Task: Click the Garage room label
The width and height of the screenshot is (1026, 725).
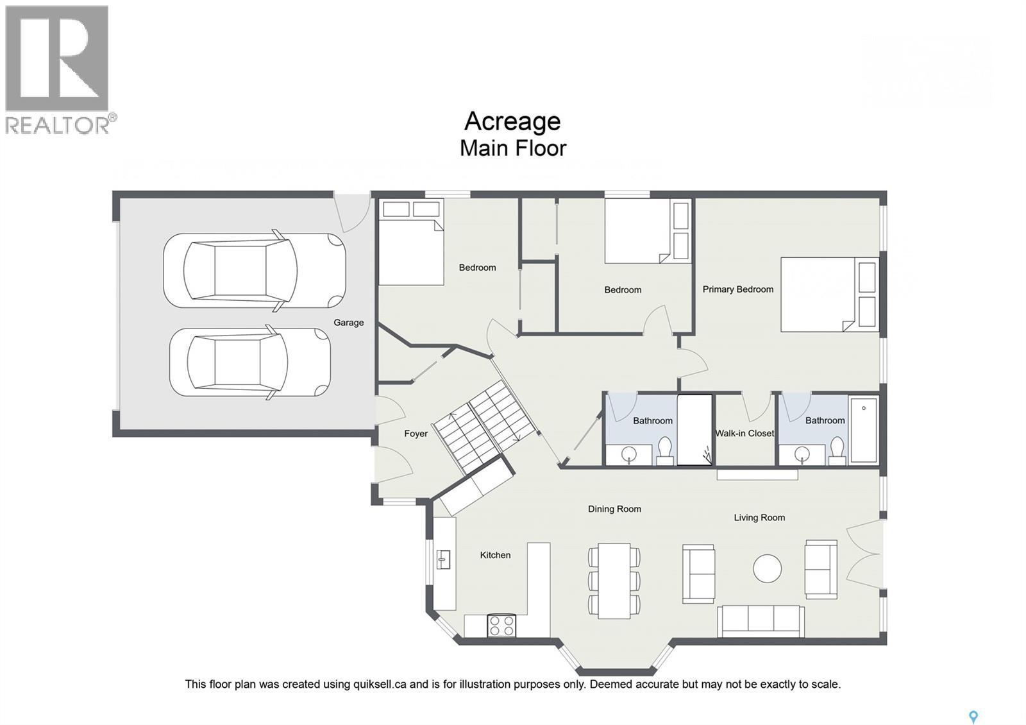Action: [348, 323]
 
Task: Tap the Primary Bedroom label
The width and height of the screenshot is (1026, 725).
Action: [737, 289]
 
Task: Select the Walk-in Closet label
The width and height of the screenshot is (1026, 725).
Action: [744, 433]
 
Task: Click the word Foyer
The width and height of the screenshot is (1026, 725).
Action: [416, 434]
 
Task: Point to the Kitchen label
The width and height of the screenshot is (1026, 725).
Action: [495, 555]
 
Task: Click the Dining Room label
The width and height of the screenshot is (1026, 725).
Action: [614, 509]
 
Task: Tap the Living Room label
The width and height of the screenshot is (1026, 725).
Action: [759, 517]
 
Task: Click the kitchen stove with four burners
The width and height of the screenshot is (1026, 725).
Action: [501, 626]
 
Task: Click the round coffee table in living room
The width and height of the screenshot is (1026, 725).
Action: [767, 568]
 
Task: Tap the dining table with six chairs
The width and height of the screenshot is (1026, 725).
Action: [614, 581]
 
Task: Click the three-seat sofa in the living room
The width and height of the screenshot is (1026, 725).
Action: [761, 620]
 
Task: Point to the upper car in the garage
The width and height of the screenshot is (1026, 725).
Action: [255, 270]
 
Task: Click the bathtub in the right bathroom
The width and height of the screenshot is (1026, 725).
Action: [863, 430]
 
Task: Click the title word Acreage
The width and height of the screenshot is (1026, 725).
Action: [512, 121]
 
